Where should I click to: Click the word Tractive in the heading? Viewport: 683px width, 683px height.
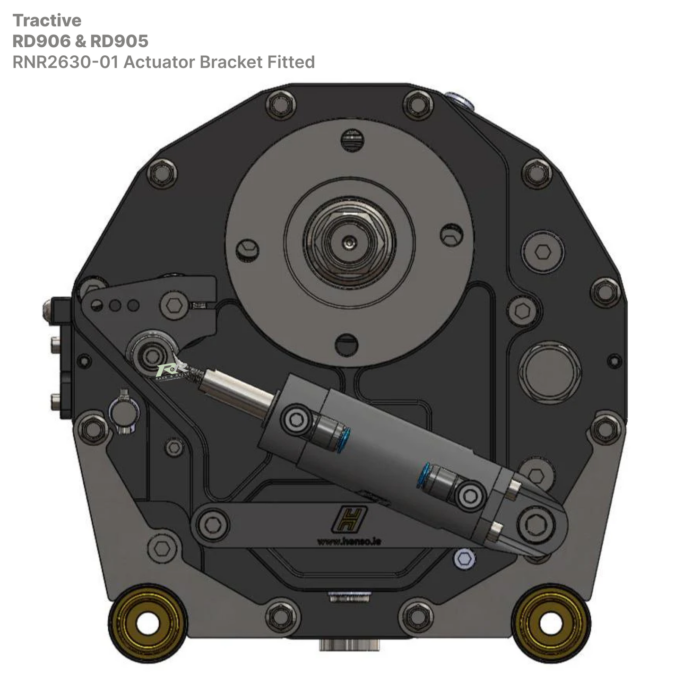point(47,20)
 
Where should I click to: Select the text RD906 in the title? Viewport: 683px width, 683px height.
point(42,41)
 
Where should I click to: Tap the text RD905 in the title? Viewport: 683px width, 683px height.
point(119,41)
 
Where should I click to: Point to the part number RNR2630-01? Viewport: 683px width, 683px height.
point(65,62)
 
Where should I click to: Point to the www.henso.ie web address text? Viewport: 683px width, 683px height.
point(349,541)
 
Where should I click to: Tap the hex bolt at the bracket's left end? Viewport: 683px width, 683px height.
point(212,524)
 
